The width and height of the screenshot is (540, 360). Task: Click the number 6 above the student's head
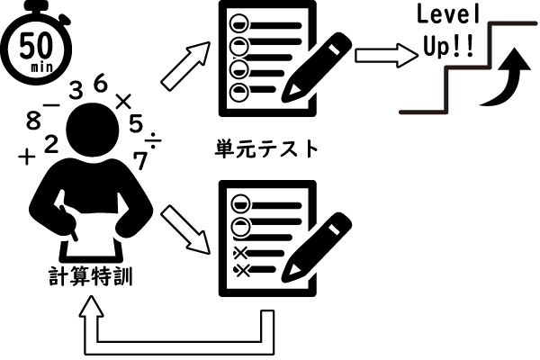(x=101, y=85)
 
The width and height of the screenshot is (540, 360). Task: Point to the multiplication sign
(x=124, y=100)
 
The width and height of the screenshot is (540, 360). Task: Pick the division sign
(x=154, y=140)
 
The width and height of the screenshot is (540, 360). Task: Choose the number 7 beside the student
(x=139, y=160)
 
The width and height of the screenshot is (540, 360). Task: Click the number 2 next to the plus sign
(x=50, y=142)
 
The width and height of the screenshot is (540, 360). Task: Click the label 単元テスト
(x=268, y=148)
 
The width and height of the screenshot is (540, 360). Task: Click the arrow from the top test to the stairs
(x=379, y=54)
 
